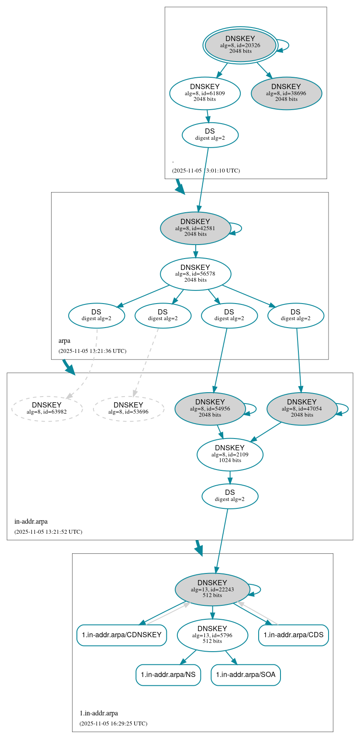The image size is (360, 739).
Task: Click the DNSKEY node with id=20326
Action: (240, 45)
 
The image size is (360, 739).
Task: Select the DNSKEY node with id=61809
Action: (205, 93)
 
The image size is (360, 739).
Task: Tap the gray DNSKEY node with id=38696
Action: (286, 93)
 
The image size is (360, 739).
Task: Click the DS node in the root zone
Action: (210, 135)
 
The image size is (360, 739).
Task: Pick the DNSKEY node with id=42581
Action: (195, 228)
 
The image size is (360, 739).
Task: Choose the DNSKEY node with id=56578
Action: (195, 274)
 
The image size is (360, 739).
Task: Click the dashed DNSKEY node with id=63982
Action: (47, 408)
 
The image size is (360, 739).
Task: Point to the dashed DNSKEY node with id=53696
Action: (128, 408)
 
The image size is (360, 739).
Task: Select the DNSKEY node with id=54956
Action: (210, 408)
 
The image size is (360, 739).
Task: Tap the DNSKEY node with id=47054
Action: (302, 408)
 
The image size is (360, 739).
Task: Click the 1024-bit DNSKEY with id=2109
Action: (230, 454)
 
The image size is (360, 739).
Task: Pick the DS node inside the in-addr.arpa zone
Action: (230, 496)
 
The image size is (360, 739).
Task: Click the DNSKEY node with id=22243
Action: (212, 589)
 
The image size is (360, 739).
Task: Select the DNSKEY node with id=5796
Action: (212, 635)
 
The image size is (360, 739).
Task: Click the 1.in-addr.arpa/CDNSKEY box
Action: (122, 635)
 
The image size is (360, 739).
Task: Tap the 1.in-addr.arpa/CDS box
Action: (293, 635)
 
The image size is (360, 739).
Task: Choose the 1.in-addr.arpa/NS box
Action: (168, 675)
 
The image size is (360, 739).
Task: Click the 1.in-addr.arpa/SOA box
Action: (246, 675)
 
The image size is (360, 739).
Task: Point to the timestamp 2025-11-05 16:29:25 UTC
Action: (113, 724)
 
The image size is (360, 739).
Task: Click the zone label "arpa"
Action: (64, 341)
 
